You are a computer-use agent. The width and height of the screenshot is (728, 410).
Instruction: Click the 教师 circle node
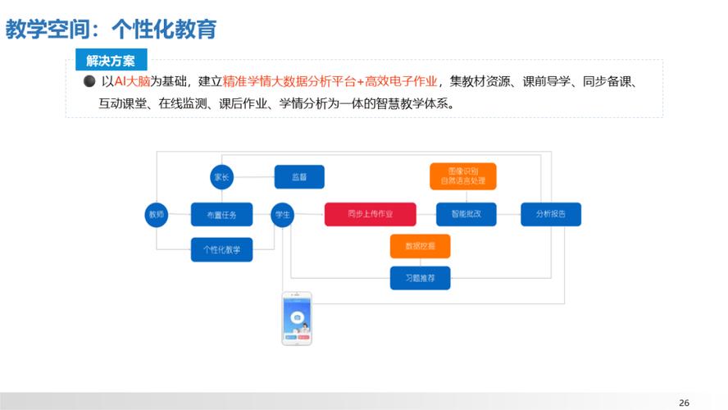pyautogui.click(x=156, y=215)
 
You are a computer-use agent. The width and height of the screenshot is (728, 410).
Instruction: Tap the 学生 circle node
pyautogui.click(x=283, y=215)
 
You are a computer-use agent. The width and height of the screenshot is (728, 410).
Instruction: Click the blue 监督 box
pyautogui.click(x=298, y=176)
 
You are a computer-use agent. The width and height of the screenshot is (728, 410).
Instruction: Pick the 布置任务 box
pyautogui.click(x=221, y=215)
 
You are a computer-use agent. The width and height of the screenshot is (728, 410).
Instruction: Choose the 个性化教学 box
pyautogui.click(x=221, y=249)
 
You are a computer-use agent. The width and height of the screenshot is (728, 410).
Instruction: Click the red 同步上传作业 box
pyautogui.click(x=370, y=215)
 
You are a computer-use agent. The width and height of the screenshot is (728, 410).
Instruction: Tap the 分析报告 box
pyautogui.click(x=550, y=215)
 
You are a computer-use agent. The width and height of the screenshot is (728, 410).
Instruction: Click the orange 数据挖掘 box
pyautogui.click(x=420, y=245)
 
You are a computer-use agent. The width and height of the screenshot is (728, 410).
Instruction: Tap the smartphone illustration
pyautogui.click(x=297, y=318)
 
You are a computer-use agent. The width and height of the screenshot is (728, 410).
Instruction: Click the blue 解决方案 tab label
pyautogui.click(x=111, y=60)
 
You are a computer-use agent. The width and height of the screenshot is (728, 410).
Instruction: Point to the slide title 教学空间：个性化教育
pyautogui.click(x=111, y=30)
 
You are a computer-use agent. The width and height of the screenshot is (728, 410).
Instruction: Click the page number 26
pyautogui.click(x=684, y=402)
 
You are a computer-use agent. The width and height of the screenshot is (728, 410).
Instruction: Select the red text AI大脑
pyautogui.click(x=131, y=82)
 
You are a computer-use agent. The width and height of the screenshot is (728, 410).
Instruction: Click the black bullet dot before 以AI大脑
pyautogui.click(x=89, y=82)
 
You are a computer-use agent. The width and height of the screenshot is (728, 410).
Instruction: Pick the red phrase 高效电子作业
pyautogui.click(x=401, y=82)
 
